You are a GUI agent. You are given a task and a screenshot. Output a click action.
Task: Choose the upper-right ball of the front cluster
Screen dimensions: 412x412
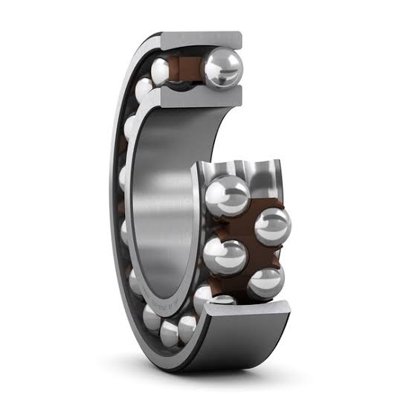tap(272, 225)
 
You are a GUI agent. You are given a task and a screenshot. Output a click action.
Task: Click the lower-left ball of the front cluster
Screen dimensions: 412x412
tap(224, 255)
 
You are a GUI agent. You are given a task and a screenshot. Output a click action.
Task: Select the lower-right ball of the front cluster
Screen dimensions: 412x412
tap(265, 281)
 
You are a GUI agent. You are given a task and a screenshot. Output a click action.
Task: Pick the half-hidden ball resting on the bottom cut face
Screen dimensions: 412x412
tap(223, 300)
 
